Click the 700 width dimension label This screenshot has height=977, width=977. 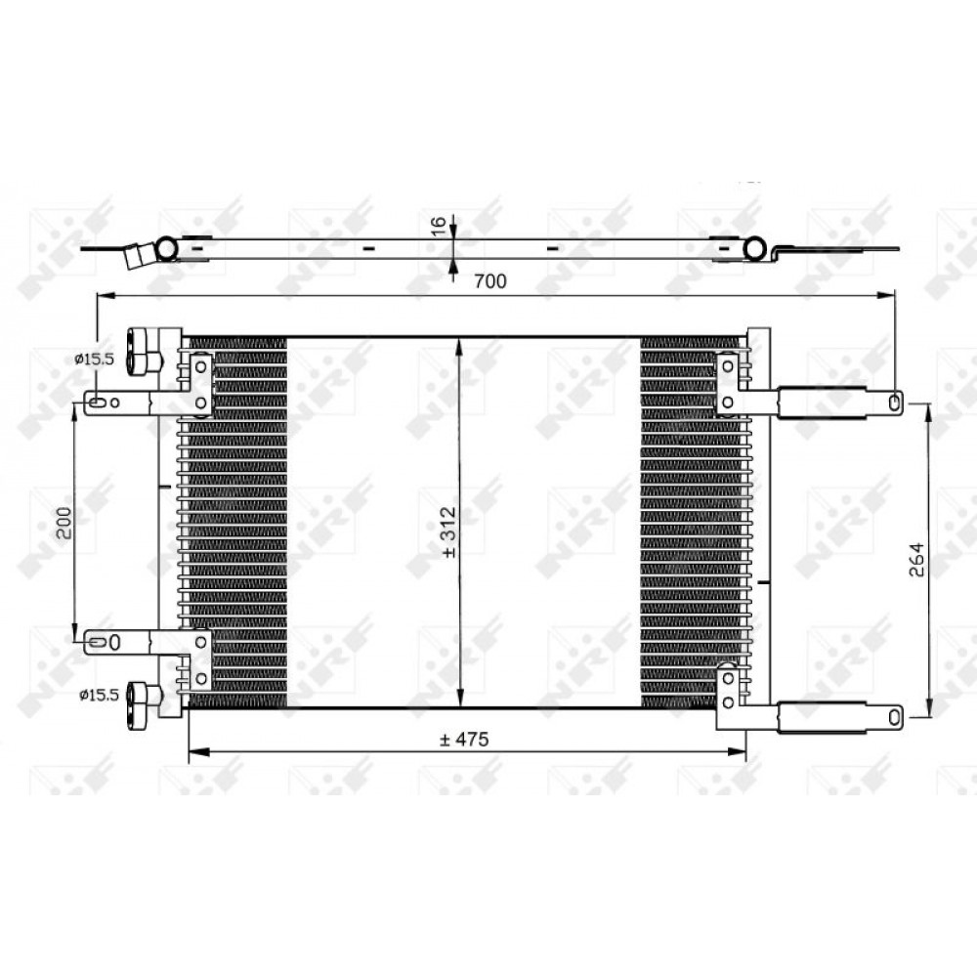pos(490,281)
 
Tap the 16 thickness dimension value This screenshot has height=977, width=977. pos(439,227)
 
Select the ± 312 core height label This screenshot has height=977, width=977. pos(448,532)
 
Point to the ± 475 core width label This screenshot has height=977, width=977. pos(464,740)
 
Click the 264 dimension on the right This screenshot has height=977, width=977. pos(916,560)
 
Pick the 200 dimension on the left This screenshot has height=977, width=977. pos(64,523)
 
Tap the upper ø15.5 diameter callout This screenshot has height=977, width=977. pos(94,359)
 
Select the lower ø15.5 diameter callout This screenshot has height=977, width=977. pos(99,695)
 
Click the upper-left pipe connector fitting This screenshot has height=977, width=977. pos(144,353)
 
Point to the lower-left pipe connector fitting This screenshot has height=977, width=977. pos(144,706)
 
